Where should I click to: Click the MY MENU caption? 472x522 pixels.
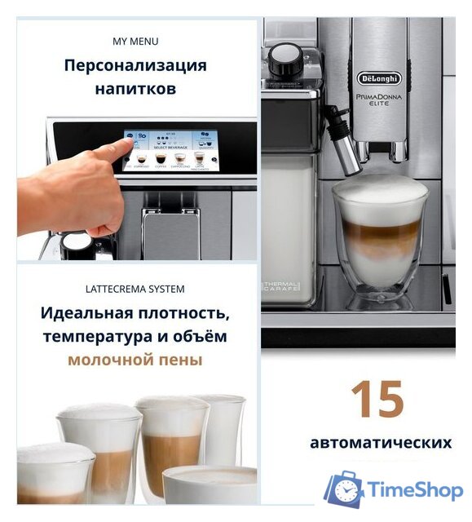tap(135, 41)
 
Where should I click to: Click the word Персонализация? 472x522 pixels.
tap(135, 65)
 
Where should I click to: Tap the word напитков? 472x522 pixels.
tap(135, 88)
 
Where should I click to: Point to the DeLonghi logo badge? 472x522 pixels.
tap(379, 78)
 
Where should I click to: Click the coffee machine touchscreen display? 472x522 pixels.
tap(165, 150)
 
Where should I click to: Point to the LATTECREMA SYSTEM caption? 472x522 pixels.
tap(135, 289)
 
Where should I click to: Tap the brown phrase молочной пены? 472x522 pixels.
tap(135, 360)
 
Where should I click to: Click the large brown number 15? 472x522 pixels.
tap(377, 399)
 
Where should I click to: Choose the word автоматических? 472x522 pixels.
tap(380, 443)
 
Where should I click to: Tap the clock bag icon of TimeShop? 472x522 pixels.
tap(344, 489)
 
